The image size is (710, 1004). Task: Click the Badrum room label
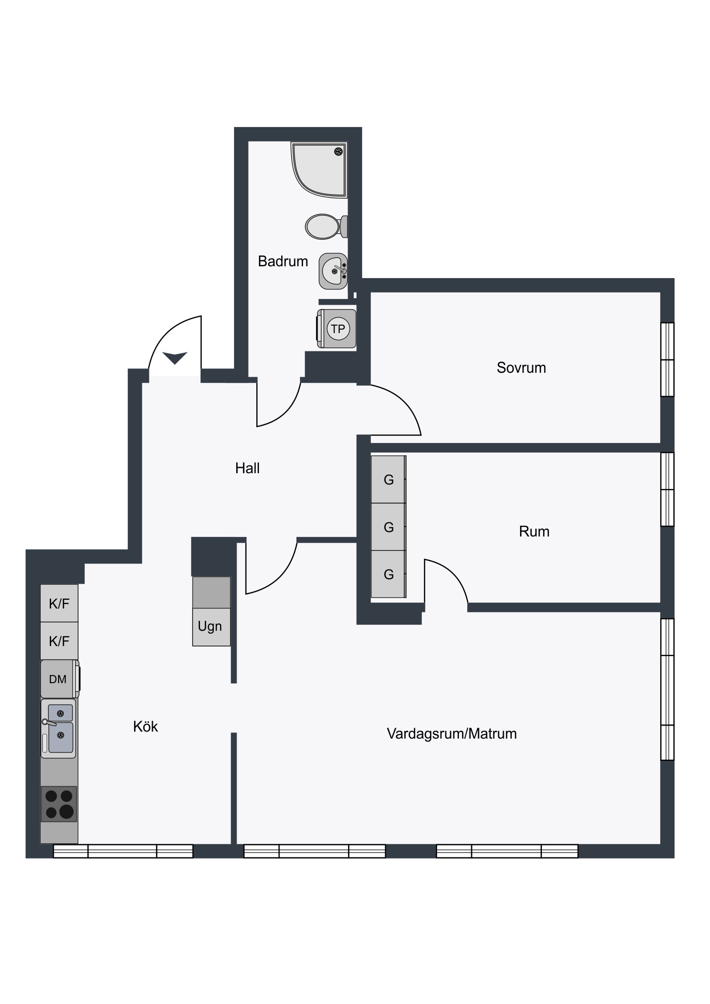(283, 261)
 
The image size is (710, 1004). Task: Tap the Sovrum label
(521, 368)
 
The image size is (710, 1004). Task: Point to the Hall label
(247, 468)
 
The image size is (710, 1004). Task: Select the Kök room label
(145, 726)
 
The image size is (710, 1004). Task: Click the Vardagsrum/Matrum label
(452, 733)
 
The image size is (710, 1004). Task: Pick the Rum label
(534, 531)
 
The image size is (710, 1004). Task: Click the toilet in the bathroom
(326, 227)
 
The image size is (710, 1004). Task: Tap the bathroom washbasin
(333, 271)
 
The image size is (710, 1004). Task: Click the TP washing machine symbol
(336, 328)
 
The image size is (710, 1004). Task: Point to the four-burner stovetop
(59, 804)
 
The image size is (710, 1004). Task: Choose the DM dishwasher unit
(60, 679)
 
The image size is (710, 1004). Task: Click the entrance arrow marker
(175, 358)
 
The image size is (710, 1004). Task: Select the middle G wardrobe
(389, 527)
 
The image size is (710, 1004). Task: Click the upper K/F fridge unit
(59, 603)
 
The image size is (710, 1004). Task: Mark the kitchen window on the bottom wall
(123, 851)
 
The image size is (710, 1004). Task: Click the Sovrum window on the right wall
(667, 359)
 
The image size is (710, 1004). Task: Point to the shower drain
(338, 151)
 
